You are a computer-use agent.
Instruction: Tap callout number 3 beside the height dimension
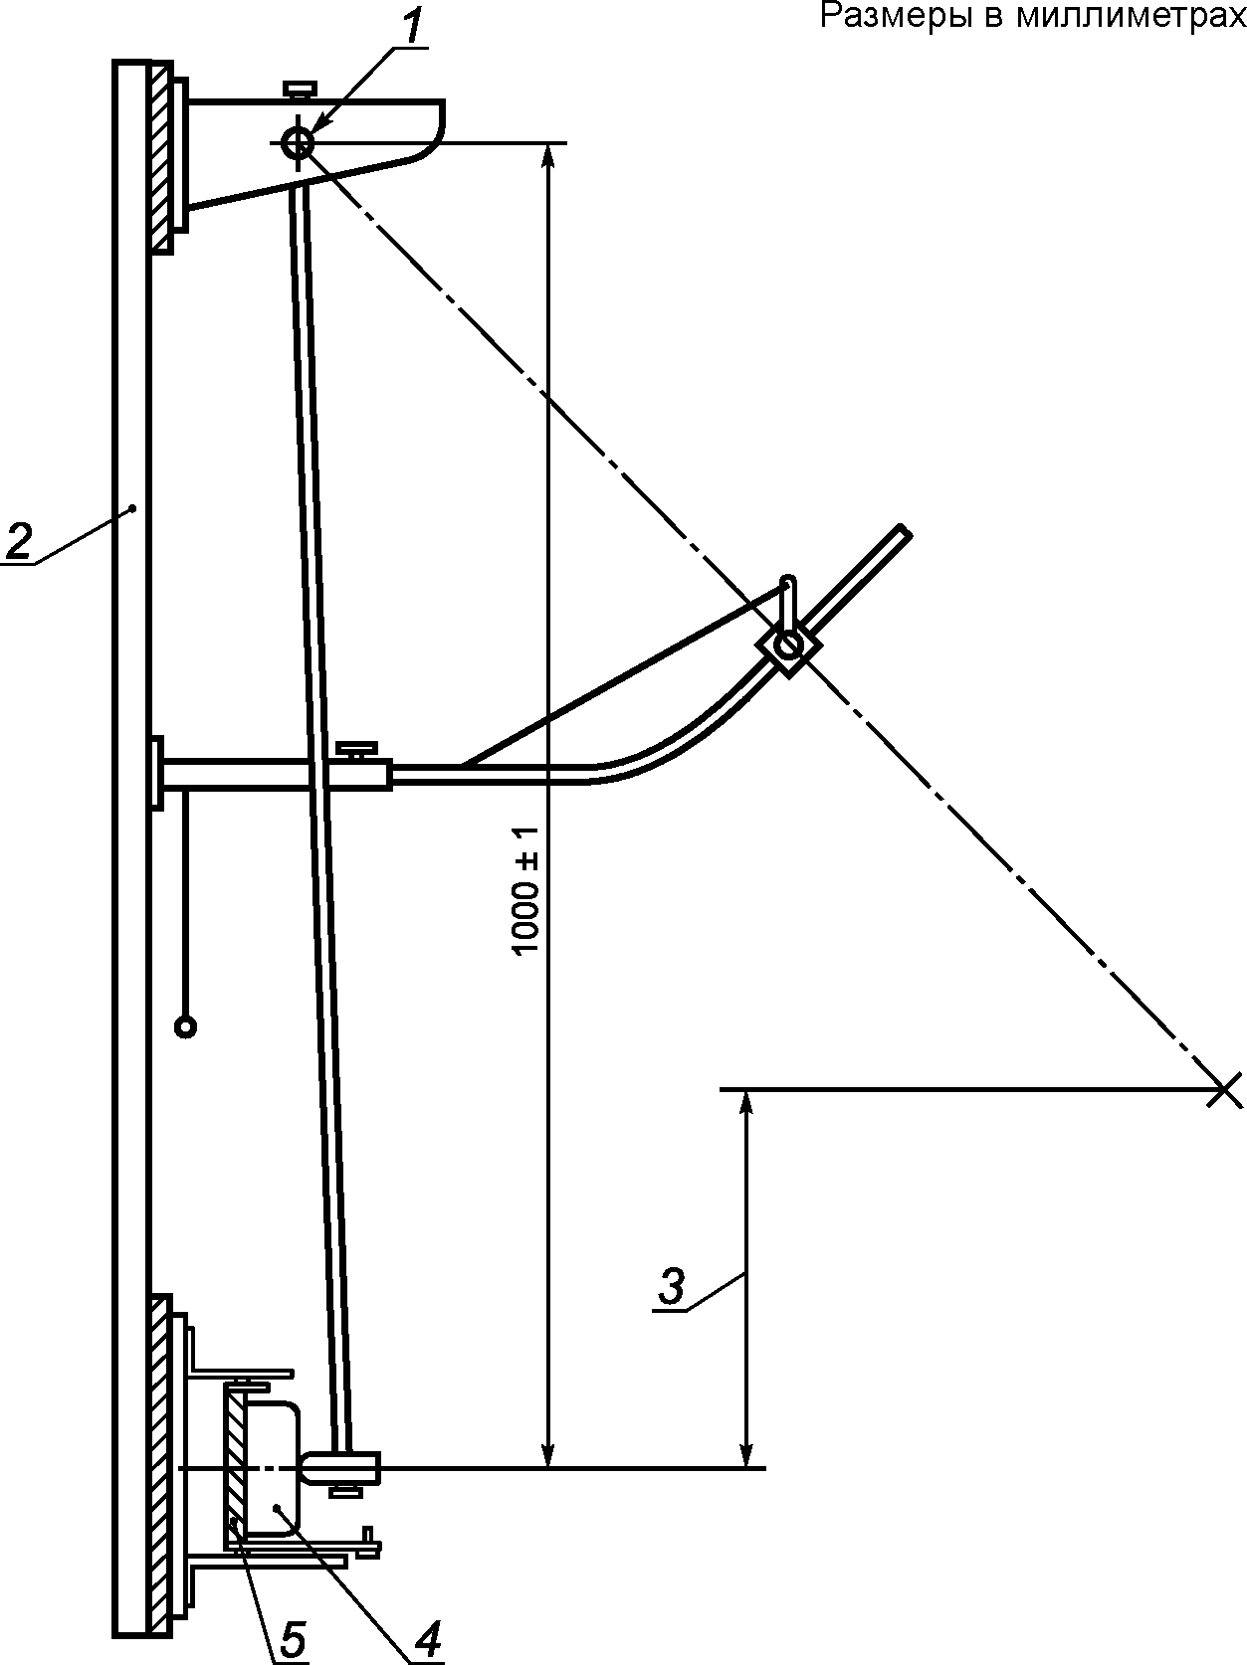672,1286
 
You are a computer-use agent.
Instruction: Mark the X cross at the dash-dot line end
1224,1090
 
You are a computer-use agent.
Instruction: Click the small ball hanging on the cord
185,1026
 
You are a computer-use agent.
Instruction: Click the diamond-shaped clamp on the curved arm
788,647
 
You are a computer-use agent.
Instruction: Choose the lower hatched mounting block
160,1462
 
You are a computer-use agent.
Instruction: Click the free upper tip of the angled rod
903,532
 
